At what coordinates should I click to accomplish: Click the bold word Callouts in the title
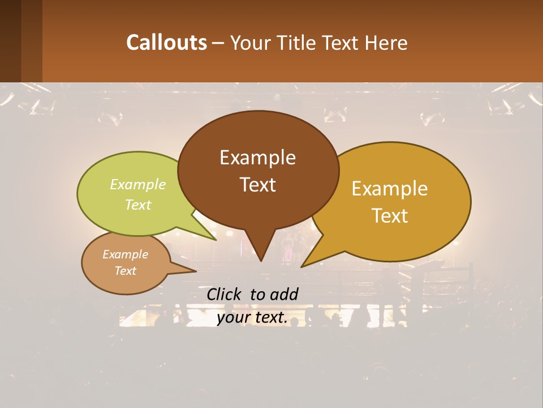coord(166,42)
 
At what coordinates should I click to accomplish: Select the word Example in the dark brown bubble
coord(257,158)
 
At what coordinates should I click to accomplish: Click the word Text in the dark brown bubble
coord(257,185)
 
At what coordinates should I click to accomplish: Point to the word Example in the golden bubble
coord(390,189)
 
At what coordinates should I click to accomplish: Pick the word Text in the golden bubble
coord(390,216)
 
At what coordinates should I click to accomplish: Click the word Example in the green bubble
coord(138,185)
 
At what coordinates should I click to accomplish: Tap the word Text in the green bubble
coord(138,205)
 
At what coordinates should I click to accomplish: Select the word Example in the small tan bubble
coord(126,254)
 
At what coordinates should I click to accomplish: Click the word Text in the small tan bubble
coord(126,271)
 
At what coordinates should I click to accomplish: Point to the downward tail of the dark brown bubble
coord(260,252)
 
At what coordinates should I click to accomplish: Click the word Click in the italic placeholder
coord(225,294)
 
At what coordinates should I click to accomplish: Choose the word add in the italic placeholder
coord(284,294)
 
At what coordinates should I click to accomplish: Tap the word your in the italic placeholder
coord(233,318)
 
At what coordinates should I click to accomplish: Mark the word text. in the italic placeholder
coord(270,318)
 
